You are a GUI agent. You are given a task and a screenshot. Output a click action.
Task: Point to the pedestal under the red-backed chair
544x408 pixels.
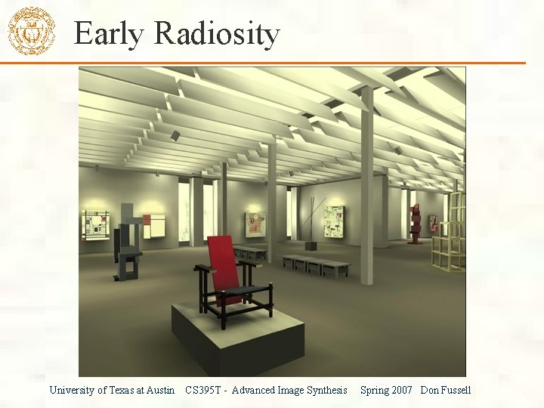pyautogui.click(x=237, y=332)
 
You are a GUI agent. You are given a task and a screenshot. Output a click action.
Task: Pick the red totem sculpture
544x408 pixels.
pyautogui.click(x=415, y=223)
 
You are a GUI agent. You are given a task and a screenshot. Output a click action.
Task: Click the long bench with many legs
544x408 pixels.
pyautogui.click(x=316, y=264)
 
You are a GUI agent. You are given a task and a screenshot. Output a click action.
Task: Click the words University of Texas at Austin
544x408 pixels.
pyautogui.click(x=112, y=391)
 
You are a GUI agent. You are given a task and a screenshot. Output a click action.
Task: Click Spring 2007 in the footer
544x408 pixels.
pyautogui.click(x=386, y=391)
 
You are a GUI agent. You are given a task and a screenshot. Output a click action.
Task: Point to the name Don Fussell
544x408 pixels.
pyautogui.click(x=446, y=391)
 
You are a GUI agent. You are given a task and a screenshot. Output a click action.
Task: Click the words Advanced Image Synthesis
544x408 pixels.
pyautogui.click(x=289, y=391)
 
